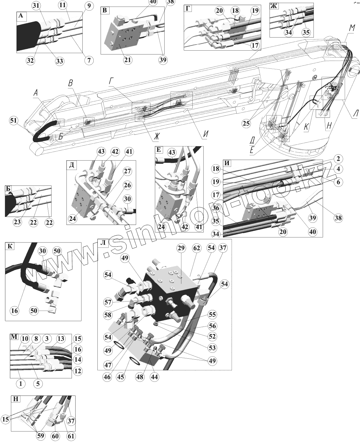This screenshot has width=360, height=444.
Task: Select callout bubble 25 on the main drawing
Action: [246, 123]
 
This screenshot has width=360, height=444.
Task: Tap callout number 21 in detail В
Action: [127, 60]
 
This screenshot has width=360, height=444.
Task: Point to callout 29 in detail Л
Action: [181, 249]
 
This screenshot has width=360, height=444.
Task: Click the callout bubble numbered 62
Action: [197, 249]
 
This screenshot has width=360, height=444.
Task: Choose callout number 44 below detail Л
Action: [154, 377]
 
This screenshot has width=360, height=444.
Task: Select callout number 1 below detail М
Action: [21, 383]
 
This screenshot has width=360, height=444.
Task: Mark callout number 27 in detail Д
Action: [127, 171]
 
